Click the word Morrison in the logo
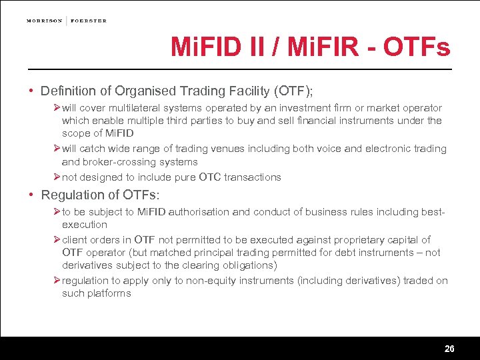[45, 21]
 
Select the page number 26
[449, 349]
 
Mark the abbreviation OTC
[210, 177]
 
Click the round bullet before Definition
[31, 90]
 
